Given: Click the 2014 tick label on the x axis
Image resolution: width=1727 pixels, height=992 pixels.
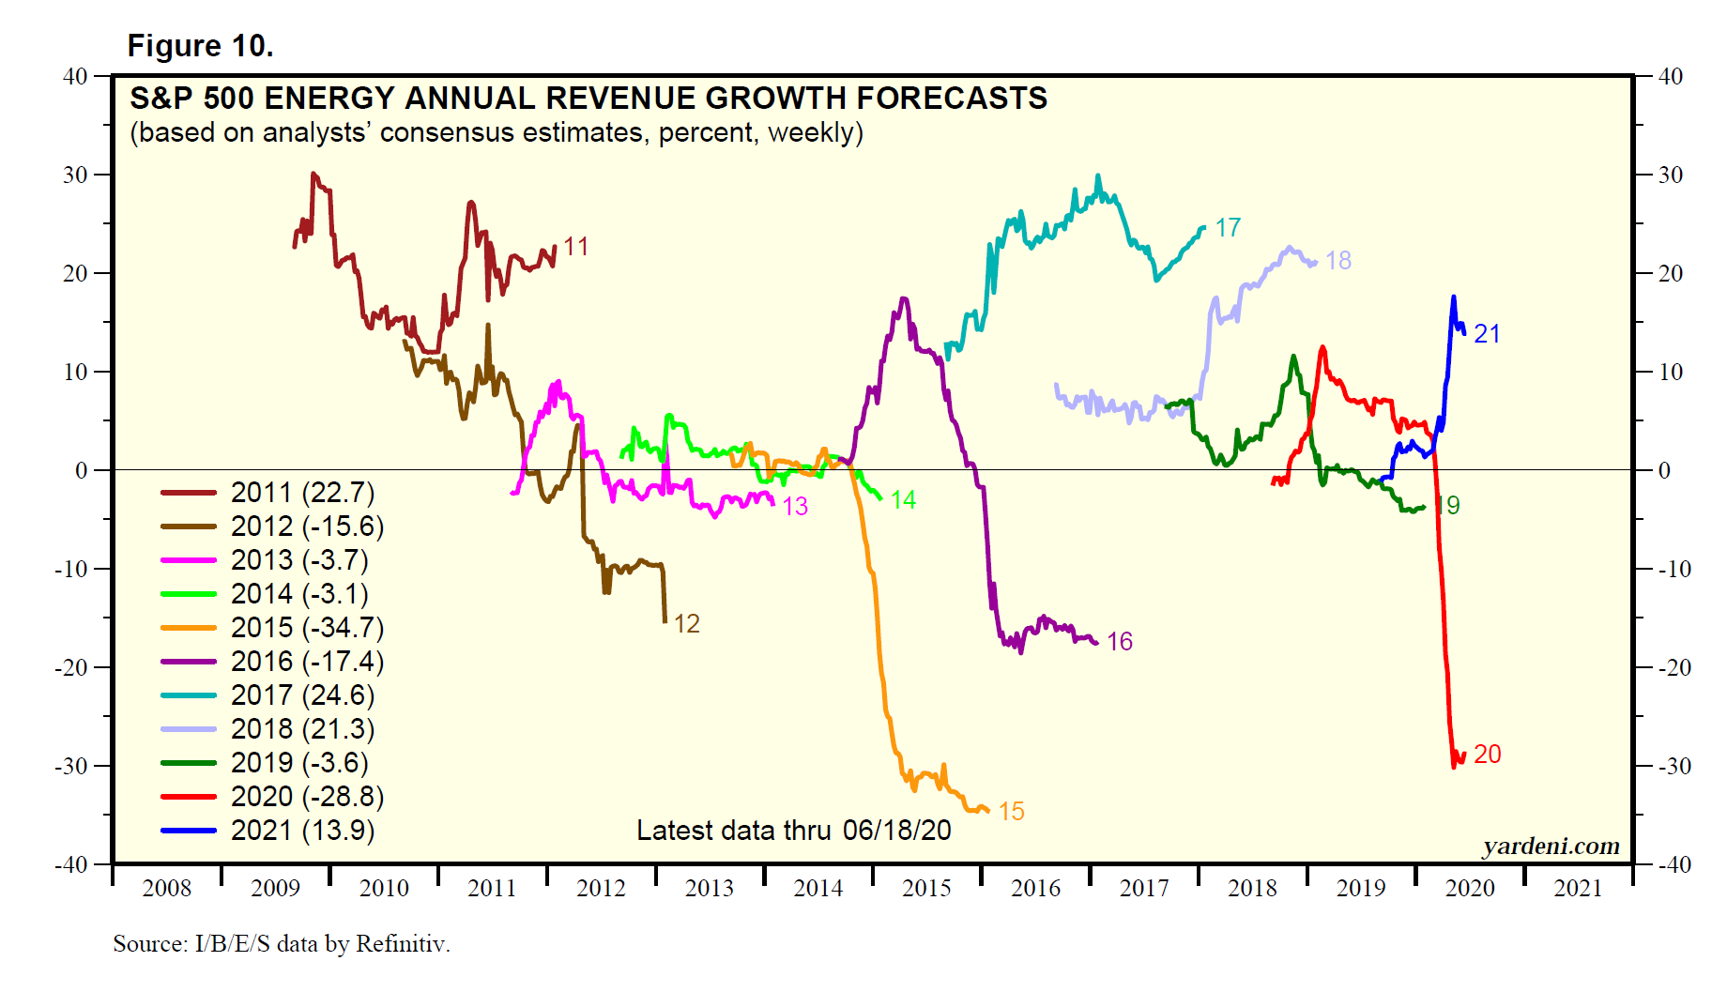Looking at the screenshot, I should pyautogui.click(x=818, y=888).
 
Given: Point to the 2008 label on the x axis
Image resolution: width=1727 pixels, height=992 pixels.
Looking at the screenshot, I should pyautogui.click(x=166, y=888).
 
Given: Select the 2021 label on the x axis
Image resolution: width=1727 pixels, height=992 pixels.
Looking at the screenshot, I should pyautogui.click(x=1578, y=888).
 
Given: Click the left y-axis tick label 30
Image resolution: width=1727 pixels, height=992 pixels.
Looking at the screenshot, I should pyautogui.click(x=75, y=176).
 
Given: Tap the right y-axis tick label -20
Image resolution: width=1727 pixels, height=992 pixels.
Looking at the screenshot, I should pyautogui.click(x=1671, y=668).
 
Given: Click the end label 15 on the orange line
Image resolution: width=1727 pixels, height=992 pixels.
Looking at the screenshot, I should pyautogui.click(x=1011, y=812).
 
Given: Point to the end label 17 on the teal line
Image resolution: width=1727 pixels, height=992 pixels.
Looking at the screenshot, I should pyautogui.click(x=1228, y=228).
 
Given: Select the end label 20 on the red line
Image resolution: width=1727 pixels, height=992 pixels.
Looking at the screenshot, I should pyautogui.click(x=1487, y=755).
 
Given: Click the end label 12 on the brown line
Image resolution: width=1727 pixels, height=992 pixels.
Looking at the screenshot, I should pyautogui.click(x=686, y=624).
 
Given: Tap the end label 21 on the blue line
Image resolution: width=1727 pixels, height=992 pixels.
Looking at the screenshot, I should pyautogui.click(x=1487, y=334).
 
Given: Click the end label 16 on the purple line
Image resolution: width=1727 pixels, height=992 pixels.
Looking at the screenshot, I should pyautogui.click(x=1120, y=642).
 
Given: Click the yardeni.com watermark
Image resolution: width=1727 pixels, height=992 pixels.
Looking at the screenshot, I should pyautogui.click(x=1551, y=847).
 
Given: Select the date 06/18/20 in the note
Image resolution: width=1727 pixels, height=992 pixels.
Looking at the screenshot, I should pyautogui.click(x=896, y=831).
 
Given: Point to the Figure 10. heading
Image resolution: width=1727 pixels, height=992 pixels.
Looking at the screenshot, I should pyautogui.click(x=200, y=46).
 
